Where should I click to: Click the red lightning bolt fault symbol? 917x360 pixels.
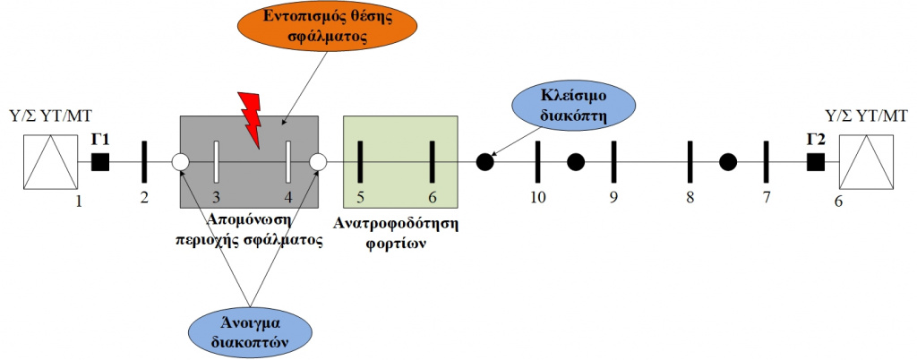[x=251, y=119]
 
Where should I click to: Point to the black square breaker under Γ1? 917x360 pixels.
[x=100, y=162]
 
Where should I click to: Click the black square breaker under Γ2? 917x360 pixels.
[x=815, y=162]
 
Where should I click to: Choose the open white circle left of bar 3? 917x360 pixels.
[x=181, y=162]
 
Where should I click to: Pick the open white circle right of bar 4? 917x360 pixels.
[x=318, y=162]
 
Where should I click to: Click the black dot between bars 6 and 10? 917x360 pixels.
[x=484, y=162]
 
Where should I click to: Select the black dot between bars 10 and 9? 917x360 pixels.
[x=576, y=162]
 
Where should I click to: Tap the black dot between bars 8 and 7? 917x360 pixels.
[x=727, y=162]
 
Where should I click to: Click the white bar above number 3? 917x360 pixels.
[x=216, y=162]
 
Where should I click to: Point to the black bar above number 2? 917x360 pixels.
[x=144, y=162]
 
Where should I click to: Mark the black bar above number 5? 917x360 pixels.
[x=360, y=162]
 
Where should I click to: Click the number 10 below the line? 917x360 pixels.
[x=538, y=198]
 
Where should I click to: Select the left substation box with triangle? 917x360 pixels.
[x=51, y=162]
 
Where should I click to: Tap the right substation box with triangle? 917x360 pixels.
[x=866, y=162]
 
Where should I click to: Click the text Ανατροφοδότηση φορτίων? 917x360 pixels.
[x=397, y=233]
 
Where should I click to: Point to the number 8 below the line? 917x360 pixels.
[x=690, y=198]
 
